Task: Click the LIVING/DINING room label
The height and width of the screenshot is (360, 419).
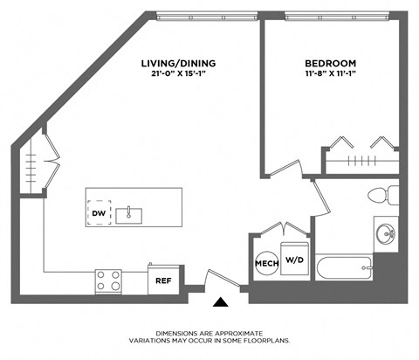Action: click(x=178, y=64)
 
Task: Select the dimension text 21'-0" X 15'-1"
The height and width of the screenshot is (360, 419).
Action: click(x=178, y=74)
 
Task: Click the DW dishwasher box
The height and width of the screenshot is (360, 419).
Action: click(x=98, y=212)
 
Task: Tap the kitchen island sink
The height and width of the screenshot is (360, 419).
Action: click(x=129, y=212)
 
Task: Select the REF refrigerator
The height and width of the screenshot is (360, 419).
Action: click(x=162, y=280)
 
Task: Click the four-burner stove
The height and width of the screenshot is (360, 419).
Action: click(x=108, y=281)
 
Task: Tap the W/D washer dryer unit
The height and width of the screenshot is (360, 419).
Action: click(x=295, y=259)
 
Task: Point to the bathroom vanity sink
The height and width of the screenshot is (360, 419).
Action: click(x=385, y=233)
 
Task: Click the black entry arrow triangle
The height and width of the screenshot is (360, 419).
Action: click(x=222, y=302)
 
